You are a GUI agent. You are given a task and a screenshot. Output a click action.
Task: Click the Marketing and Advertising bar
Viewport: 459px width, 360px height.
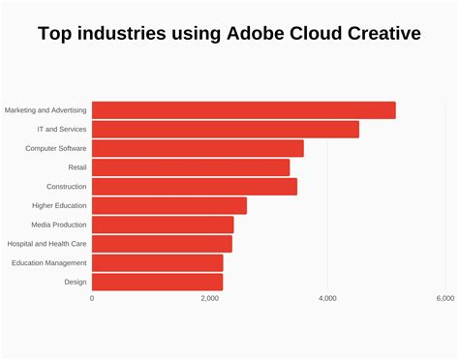coord(243,110)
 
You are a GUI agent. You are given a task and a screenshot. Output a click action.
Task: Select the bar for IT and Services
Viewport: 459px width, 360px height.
coord(225,130)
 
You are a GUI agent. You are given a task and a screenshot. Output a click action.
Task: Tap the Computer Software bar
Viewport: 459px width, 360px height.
coord(198,148)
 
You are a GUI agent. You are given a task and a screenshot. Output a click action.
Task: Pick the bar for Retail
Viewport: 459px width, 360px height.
coord(191,167)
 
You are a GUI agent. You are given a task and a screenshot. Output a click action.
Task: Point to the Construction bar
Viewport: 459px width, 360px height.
coord(194,187)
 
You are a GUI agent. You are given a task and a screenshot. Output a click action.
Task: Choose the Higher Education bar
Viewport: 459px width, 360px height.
coord(169,205)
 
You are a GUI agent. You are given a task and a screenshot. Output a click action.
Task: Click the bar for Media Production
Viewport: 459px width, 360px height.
coord(163,225)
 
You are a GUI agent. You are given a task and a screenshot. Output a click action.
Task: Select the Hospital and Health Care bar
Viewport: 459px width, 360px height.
coord(162,244)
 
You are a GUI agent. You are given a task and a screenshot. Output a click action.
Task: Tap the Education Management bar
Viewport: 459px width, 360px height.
coord(157,262)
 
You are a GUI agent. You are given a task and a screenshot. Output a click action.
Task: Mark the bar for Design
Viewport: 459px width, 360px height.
coord(157,282)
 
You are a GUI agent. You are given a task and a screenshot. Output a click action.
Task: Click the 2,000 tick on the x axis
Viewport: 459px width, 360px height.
coord(209,299)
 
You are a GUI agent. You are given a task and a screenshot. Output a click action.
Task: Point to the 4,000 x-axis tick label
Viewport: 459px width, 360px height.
coord(327,299)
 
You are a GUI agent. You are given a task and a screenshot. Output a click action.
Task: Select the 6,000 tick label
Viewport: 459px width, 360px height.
coord(444,299)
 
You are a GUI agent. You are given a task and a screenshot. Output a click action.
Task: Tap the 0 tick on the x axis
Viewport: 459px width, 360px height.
coord(92,299)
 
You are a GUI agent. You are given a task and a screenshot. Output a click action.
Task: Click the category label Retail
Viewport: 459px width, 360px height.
coord(77,167)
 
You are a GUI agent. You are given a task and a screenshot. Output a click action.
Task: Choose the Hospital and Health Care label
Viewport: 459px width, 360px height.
coord(46,244)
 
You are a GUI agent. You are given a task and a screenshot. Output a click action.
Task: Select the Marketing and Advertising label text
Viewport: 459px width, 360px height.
coord(46,110)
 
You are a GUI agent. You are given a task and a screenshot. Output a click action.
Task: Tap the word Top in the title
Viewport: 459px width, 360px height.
coord(56,35)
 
